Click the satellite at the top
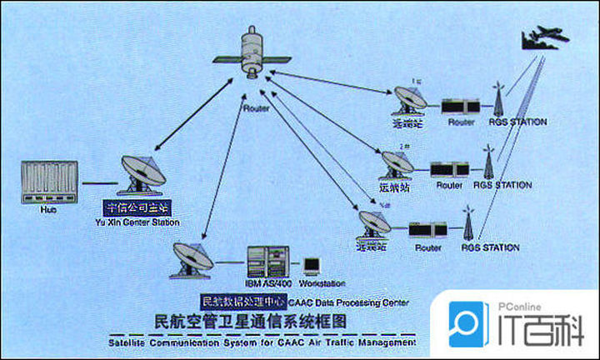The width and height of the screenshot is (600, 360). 251,53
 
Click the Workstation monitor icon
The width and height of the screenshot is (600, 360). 312,266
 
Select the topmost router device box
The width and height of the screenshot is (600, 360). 460,106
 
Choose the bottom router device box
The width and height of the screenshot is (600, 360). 427,230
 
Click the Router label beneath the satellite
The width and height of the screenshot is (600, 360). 254,108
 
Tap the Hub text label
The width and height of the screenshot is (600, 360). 48,211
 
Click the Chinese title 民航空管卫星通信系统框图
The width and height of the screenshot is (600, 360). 250,320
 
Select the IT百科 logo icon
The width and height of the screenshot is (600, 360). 469,324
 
